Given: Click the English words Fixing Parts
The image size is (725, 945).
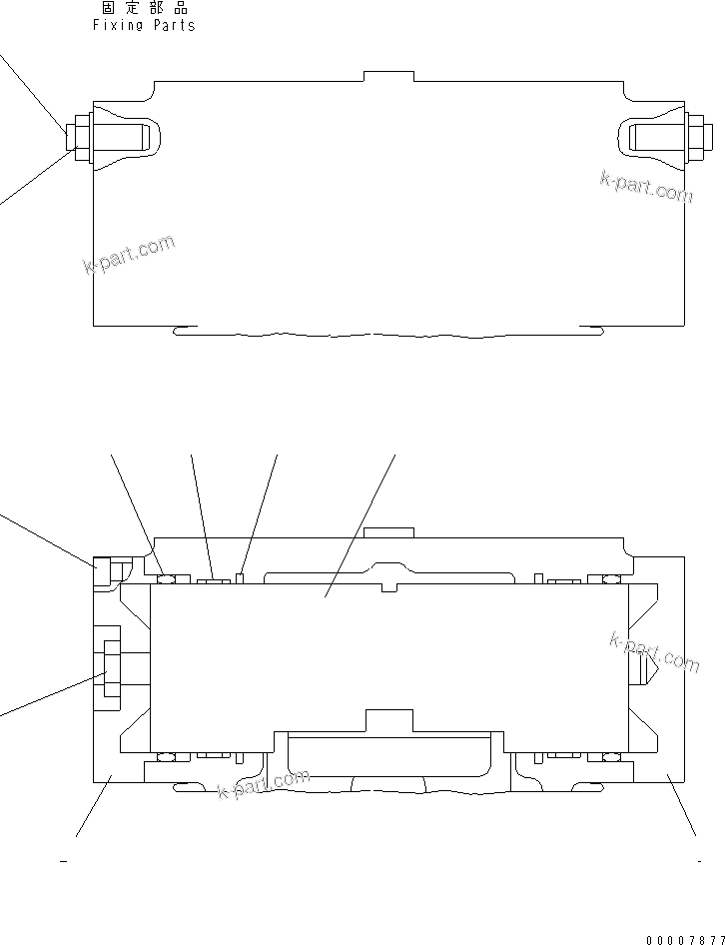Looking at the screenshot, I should pyautogui.click(x=144, y=25).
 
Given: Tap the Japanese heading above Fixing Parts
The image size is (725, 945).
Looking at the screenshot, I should pyautogui.click(x=144, y=8).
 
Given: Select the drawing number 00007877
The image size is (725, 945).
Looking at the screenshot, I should pyautogui.click(x=685, y=939).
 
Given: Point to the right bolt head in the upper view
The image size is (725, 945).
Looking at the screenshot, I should pyautogui.click(x=706, y=137).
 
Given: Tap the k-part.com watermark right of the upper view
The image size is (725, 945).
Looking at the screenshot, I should pyautogui.click(x=646, y=186).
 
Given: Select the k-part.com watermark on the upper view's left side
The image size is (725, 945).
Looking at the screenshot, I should pyautogui.click(x=129, y=255).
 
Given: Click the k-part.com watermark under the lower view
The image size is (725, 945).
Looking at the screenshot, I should pyautogui.click(x=264, y=785).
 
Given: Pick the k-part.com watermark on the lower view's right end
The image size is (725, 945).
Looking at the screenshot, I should pyautogui.click(x=654, y=651).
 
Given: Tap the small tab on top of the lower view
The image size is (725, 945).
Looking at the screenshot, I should pyautogui.click(x=388, y=533).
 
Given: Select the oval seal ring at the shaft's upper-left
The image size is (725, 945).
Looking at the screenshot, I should pyautogui.click(x=169, y=578).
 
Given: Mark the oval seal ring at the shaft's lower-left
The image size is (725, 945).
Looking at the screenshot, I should pyautogui.click(x=169, y=754).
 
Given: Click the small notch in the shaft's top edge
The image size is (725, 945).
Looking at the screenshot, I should pyautogui.click(x=388, y=587).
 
